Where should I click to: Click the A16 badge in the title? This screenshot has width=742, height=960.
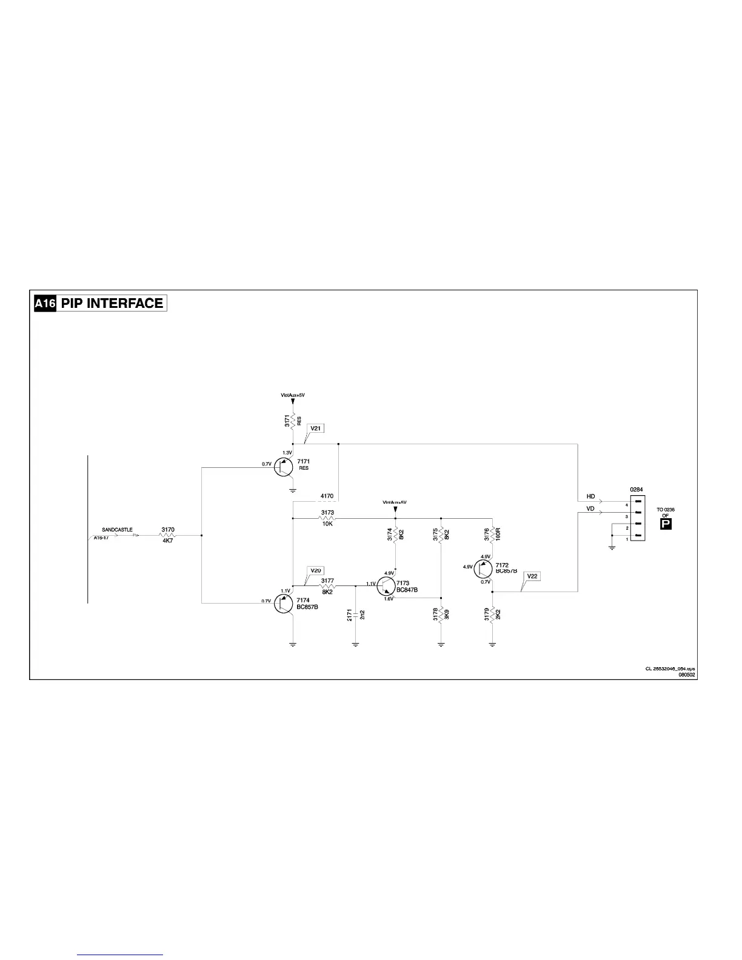(x=45, y=304)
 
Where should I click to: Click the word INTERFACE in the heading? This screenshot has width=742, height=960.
(x=125, y=304)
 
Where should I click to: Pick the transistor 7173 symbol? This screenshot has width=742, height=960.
(x=386, y=586)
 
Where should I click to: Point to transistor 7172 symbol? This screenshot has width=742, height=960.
(x=483, y=569)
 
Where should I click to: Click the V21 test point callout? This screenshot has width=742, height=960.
(x=316, y=428)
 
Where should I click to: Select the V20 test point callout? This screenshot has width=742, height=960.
(x=316, y=570)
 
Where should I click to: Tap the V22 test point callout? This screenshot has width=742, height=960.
(x=532, y=576)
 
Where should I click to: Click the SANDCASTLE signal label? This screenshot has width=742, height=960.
(x=117, y=530)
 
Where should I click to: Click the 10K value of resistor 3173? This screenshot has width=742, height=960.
(x=327, y=524)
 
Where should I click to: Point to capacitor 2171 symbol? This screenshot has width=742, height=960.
(x=356, y=616)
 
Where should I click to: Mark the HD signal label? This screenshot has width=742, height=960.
(x=590, y=496)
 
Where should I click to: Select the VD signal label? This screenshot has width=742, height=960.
(x=590, y=509)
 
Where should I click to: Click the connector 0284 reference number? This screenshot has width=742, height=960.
(x=637, y=489)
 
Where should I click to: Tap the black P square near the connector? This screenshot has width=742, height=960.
(x=666, y=524)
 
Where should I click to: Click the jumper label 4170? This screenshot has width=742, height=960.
(x=327, y=496)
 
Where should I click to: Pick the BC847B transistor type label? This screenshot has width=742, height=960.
(x=407, y=590)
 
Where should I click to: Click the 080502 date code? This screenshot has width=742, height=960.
(x=686, y=674)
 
